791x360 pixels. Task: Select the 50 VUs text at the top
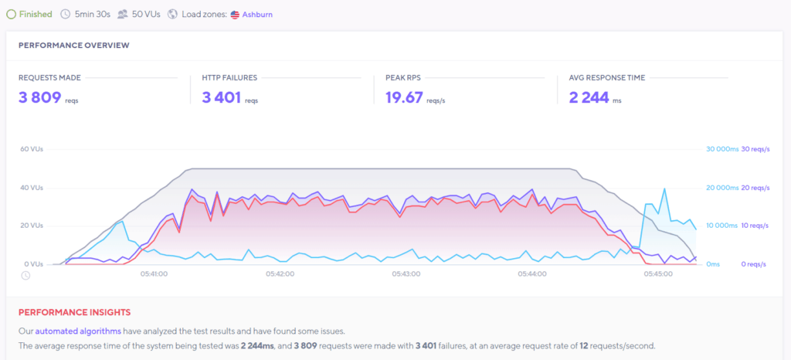tap(146, 14)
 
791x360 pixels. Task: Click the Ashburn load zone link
tap(257, 14)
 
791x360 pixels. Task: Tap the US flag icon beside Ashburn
tap(235, 14)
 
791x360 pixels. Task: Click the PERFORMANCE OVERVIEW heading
tap(73, 45)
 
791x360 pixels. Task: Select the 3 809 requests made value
tap(39, 97)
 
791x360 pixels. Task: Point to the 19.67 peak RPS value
tap(404, 97)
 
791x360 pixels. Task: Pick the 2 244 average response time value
tap(588, 97)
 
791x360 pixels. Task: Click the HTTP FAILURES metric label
tap(229, 77)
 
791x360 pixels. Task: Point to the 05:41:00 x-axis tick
tap(154, 273)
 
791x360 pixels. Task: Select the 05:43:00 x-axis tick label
tap(406, 273)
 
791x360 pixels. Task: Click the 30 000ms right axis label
tap(721, 149)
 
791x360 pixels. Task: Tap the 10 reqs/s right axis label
tap(754, 226)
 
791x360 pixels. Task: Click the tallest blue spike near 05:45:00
tap(664, 189)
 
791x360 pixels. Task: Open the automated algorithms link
tap(77, 330)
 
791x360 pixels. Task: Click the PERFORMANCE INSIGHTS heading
tap(74, 312)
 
